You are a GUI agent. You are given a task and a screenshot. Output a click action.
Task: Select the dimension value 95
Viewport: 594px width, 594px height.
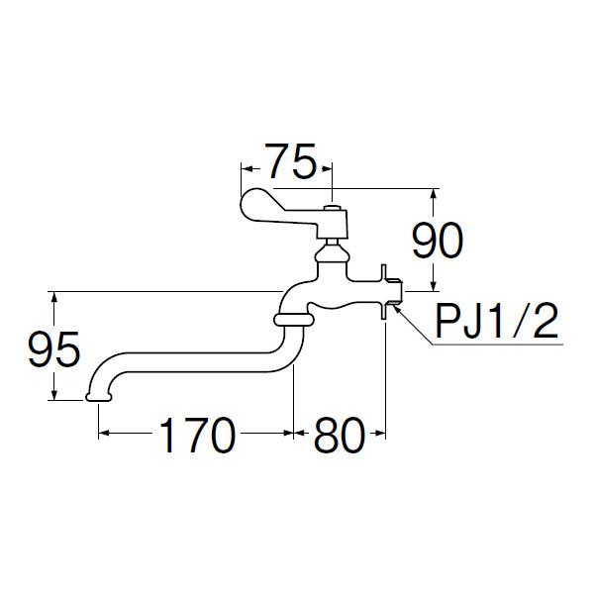pos(52,349)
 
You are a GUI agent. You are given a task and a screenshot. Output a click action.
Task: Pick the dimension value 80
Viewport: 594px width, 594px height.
pos(341,436)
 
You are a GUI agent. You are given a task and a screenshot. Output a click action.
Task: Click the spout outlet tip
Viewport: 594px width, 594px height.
pos(98,396)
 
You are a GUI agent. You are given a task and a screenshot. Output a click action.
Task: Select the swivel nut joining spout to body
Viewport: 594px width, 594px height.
pos(291,318)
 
